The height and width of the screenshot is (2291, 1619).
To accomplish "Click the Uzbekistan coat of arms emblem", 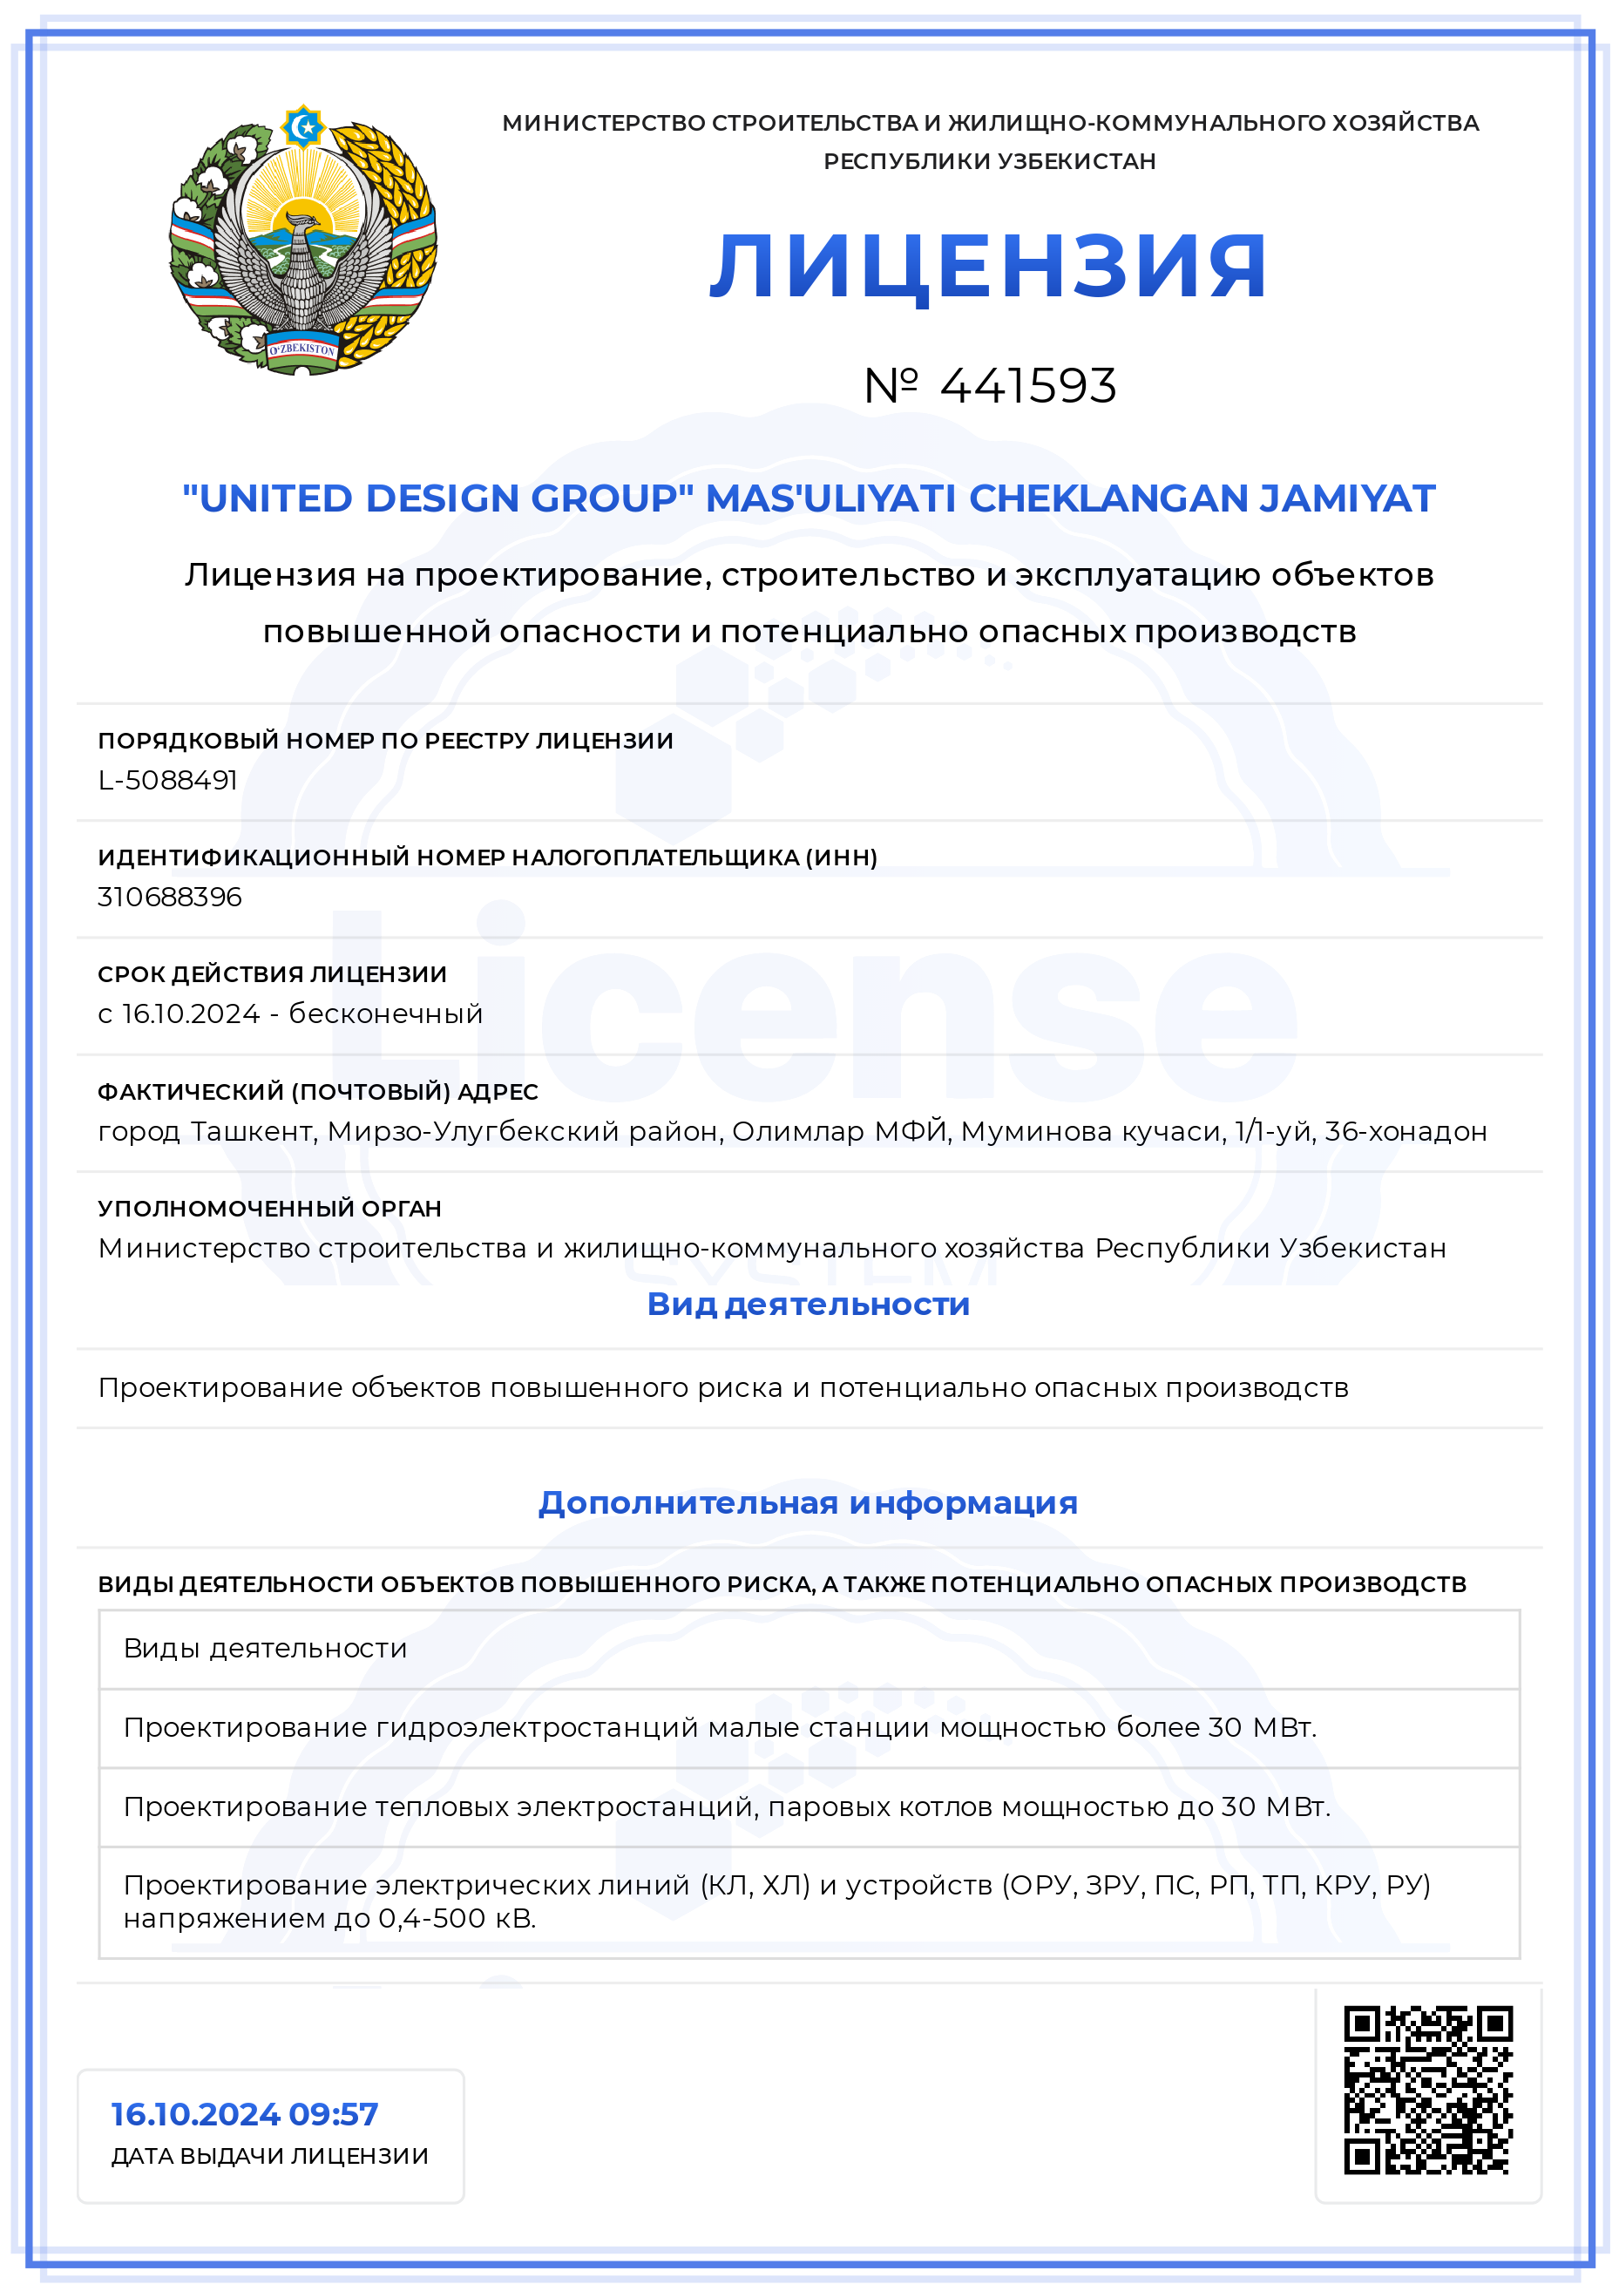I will [302, 241].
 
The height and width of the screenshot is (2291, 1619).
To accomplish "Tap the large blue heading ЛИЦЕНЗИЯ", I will [988, 267].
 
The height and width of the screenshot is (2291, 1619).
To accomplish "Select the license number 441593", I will [1027, 386].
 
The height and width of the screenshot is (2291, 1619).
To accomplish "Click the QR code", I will [1427, 2091].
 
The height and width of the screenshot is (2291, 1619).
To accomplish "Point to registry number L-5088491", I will [167, 780].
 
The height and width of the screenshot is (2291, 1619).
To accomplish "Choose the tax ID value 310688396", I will [170, 897].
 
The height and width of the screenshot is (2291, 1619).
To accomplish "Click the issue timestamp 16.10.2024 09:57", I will [244, 2113].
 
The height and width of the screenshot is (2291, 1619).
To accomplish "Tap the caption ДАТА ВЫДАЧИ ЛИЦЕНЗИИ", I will [269, 2155].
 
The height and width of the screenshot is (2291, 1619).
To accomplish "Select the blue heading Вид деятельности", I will [808, 1305].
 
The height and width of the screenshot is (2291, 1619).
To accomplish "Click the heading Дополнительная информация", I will [808, 1502].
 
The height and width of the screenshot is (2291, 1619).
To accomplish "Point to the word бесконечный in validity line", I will [385, 1013].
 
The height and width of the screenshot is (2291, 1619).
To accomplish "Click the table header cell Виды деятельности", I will [266, 1649].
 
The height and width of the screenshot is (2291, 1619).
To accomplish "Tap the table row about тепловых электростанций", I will [726, 1807].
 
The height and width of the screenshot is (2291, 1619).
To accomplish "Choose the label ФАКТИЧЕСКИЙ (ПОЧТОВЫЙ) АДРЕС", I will [317, 1092].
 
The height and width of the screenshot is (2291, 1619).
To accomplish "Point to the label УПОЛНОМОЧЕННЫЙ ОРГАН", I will [269, 1209].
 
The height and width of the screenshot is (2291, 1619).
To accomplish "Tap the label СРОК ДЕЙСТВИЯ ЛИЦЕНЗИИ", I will [273, 974].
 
